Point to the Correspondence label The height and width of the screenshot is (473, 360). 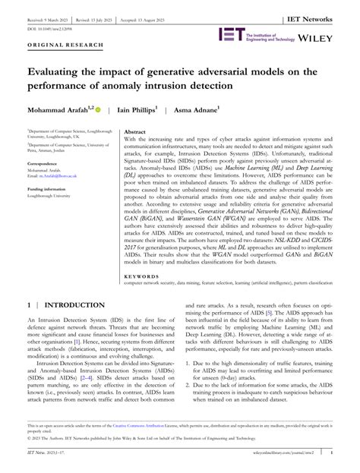(44, 162)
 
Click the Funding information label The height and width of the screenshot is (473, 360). (48, 188)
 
